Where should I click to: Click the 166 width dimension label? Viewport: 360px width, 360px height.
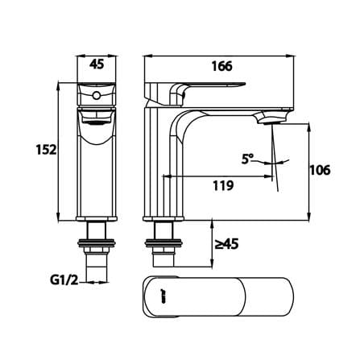tap(222, 66)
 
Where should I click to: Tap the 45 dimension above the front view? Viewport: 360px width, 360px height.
tap(97, 64)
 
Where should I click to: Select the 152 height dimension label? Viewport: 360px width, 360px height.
tap(47, 150)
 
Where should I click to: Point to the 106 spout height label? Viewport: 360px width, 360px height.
tap(320, 170)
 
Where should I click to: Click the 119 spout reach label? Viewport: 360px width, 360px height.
tap(223, 185)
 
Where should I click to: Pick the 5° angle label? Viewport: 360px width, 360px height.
tap(247, 159)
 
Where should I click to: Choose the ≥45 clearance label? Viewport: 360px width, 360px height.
tap(226, 244)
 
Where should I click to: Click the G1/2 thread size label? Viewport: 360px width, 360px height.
tap(64, 281)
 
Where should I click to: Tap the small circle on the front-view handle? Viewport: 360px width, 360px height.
tap(97, 95)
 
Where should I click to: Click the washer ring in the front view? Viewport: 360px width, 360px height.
tap(97, 243)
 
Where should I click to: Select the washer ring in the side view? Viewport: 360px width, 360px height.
tap(163, 243)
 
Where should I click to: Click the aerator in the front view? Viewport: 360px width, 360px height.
tap(97, 123)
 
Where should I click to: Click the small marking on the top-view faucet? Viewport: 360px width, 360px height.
tap(163, 297)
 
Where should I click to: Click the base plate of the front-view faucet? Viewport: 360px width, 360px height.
tap(97, 219)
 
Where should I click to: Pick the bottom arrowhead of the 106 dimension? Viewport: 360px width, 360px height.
tap(308, 217)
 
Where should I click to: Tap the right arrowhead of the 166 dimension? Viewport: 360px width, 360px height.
tap(290, 56)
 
